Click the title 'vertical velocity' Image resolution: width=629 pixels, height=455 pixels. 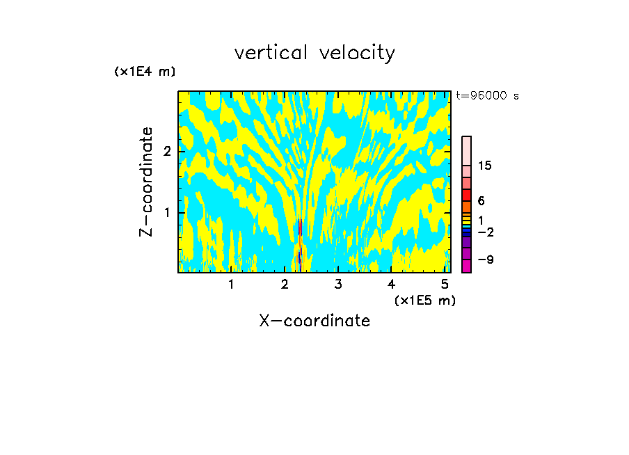pos(314,53)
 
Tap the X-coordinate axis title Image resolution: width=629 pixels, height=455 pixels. pos(314,321)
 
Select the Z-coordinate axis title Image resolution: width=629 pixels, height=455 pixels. pos(146,182)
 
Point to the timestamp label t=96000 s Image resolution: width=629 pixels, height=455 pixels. pos(487,96)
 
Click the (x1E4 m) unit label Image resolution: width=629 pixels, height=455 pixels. pos(145,72)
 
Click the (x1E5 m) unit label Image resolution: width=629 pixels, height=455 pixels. pos(424,300)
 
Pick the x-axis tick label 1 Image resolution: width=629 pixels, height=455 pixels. pos(231,285)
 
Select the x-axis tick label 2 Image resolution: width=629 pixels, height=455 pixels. pos(285,285)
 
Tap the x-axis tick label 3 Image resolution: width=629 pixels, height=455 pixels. pos(337,285)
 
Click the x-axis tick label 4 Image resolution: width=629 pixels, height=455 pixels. pos(391,285)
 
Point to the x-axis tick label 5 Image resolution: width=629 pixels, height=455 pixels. pos(444,285)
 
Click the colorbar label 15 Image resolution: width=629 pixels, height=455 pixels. pos(485,166)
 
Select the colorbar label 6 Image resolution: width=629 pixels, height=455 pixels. pos(481,201)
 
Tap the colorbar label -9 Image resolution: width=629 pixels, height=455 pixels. pos(485,260)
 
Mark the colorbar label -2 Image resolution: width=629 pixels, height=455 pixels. pos(485,232)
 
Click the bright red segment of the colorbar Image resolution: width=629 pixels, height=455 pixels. pos(466,195)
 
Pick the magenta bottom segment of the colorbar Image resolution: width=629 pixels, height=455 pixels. pos(466,266)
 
